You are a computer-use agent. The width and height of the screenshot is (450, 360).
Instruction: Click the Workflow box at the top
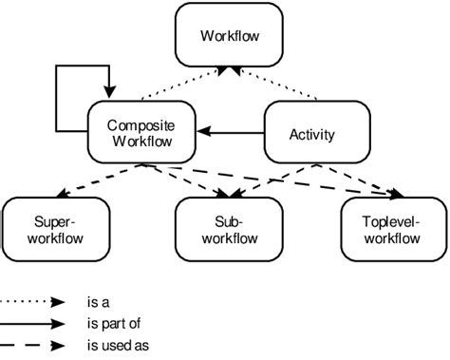coord(229,37)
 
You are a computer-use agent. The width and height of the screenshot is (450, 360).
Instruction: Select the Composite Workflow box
coord(141,133)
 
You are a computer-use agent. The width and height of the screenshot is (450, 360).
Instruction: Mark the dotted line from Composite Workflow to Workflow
coord(180,86)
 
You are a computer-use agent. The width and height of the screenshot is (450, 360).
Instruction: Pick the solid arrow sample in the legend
coord(32,325)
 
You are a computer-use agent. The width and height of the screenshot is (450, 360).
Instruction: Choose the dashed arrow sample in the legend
coord(32,347)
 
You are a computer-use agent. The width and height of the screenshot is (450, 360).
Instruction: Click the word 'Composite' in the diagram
coord(141,124)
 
